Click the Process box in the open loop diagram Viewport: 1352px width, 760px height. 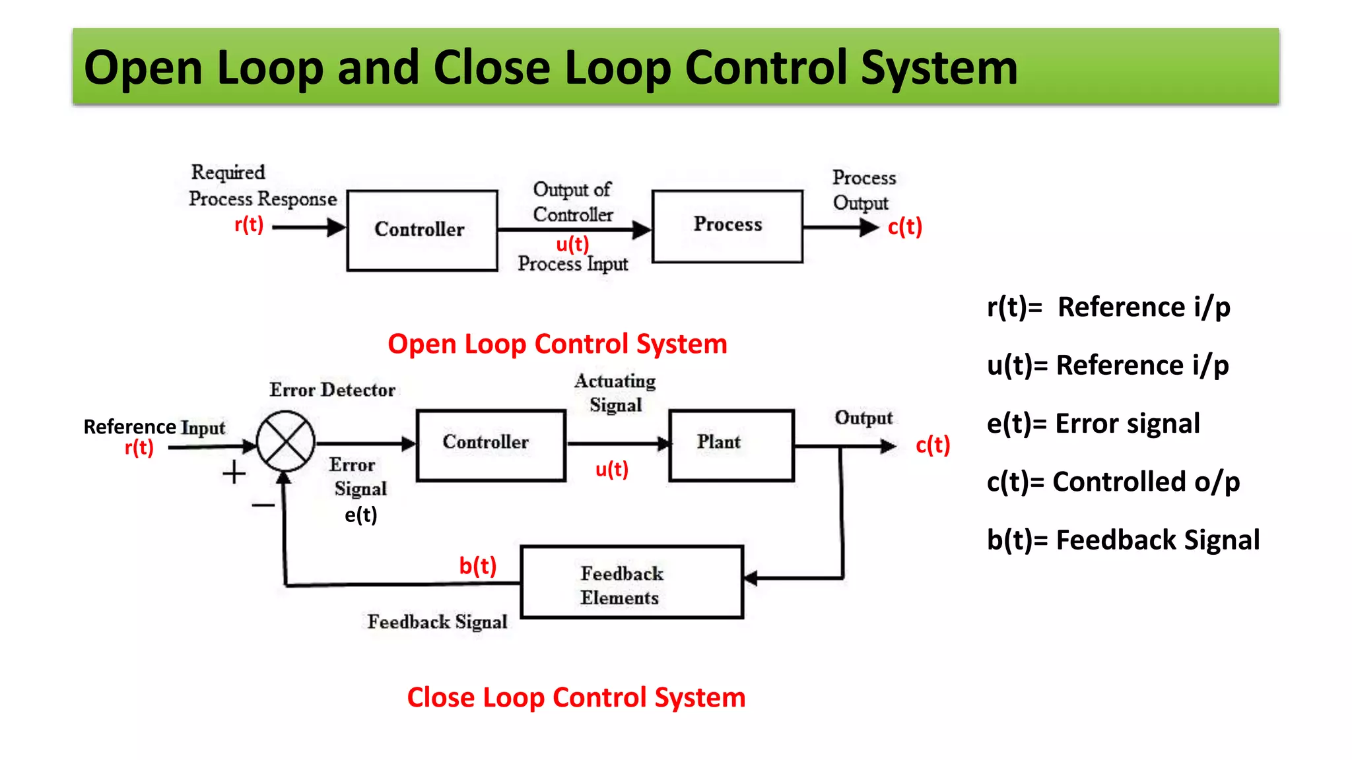point(727,226)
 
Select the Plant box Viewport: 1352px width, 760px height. point(731,445)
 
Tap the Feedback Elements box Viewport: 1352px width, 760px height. point(632,582)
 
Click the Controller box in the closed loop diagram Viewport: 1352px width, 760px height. point(490,445)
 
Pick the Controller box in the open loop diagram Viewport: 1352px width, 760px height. point(422,230)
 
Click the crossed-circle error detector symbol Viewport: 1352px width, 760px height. point(285,441)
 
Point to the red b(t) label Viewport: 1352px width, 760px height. point(478,566)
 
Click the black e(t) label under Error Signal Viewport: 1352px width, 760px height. point(360,515)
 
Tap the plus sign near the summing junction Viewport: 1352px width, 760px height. point(234,473)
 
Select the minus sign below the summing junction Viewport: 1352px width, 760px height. point(263,505)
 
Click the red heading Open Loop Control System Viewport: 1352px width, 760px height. point(557,344)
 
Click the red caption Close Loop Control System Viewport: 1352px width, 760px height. point(576,697)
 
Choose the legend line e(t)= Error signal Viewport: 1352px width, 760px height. point(1093,424)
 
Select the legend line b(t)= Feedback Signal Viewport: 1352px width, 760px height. point(1122,540)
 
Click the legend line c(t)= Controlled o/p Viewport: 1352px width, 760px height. point(1113,482)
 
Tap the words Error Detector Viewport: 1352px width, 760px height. point(332,390)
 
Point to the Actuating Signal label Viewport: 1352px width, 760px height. point(615,393)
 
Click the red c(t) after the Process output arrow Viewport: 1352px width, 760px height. point(904,227)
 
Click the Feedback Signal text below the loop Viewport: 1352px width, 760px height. point(437,621)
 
